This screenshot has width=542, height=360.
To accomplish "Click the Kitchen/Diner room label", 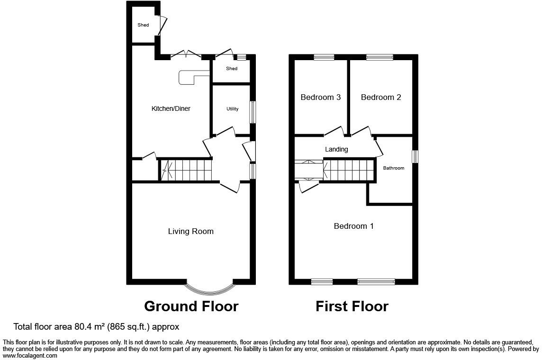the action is point(171,108).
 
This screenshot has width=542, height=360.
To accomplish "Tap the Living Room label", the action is point(191,232).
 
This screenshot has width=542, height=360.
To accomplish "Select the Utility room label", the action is point(232,109).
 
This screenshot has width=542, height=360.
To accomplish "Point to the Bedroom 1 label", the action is point(353,226).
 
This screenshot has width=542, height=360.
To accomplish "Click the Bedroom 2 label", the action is point(381,98).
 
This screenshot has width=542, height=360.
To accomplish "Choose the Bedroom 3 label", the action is point(321,98).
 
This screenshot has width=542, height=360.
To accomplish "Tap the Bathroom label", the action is point(393,168).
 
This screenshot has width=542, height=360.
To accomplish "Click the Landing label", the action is point(336,149).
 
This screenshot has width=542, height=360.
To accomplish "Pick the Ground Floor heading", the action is point(191,306).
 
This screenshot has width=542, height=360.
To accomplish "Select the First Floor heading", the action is point(352,306).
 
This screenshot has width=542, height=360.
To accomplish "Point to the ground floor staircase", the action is point(186,171).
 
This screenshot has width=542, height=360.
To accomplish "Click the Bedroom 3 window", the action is point(324,57).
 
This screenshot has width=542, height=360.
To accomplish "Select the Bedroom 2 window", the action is point(379,57).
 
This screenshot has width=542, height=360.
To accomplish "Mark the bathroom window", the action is point(415,156).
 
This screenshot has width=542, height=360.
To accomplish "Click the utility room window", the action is point(253,112).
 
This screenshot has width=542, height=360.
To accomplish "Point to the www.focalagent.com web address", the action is point(30,356).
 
